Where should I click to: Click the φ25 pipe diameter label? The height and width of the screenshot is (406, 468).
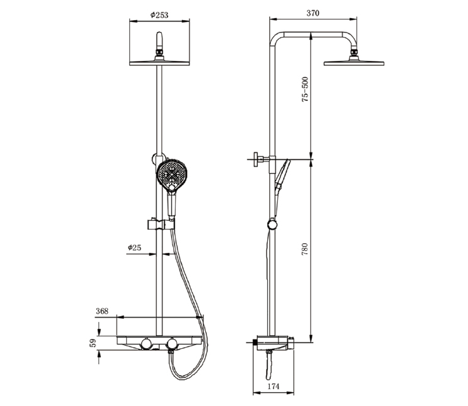point(134,248)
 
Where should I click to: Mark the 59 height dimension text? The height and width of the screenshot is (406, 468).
point(92,343)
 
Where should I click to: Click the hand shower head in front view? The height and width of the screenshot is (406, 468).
point(171,175)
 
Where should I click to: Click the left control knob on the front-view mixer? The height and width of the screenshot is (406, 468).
point(146,343)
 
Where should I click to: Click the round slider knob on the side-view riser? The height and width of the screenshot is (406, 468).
point(271,223)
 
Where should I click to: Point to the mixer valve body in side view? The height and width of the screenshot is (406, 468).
point(273,342)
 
